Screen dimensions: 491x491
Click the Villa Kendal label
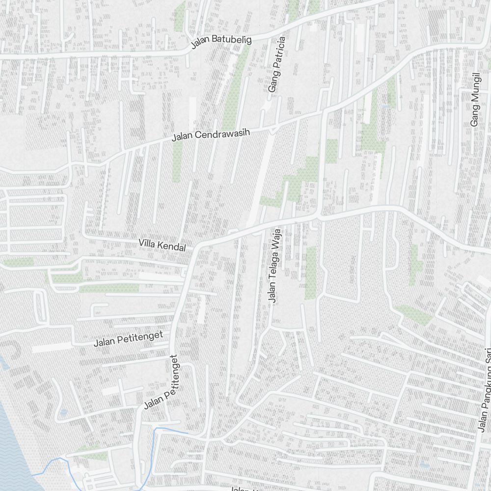tap(162, 245)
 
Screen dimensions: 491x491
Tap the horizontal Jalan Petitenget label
tap(128, 338)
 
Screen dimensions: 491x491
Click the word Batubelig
tap(231, 40)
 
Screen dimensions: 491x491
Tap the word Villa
tap(147, 243)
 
